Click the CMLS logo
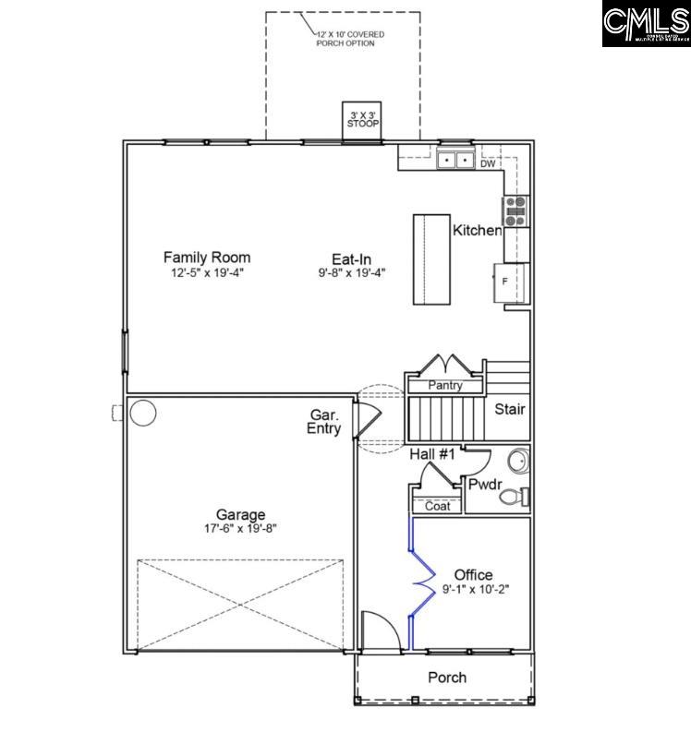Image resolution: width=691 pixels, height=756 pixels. (x=646, y=24)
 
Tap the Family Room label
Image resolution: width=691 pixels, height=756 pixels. (x=207, y=258)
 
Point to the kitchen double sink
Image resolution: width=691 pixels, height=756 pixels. (x=455, y=161)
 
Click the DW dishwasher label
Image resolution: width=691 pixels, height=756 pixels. (x=488, y=164)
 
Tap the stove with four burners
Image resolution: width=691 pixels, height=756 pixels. (x=515, y=211)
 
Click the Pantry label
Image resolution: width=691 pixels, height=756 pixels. (x=445, y=385)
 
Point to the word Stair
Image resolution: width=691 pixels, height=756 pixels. (x=511, y=409)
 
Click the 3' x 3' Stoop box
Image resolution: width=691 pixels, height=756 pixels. (x=363, y=119)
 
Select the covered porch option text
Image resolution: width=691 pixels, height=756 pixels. (x=350, y=39)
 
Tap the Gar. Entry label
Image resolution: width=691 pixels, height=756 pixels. (x=324, y=423)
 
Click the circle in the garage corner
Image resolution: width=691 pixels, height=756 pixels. (x=142, y=413)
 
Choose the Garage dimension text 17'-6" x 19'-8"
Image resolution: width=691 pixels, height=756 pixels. (x=240, y=529)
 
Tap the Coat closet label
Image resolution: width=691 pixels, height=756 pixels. (x=437, y=506)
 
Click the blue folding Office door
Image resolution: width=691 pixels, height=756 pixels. (x=421, y=582)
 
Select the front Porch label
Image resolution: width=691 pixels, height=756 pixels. (x=446, y=678)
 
